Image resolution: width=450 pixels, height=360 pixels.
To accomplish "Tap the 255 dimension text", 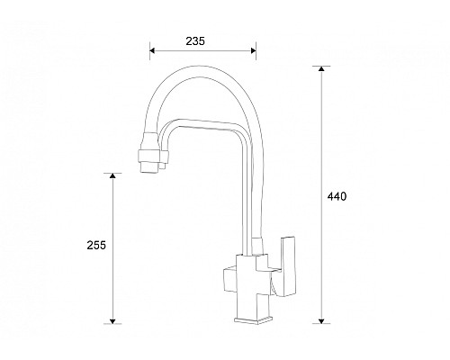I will (x=97, y=245).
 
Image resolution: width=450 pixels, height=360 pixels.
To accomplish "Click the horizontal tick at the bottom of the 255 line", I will (x=112, y=322).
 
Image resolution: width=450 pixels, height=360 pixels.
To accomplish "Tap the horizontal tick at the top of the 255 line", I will (x=112, y=174).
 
